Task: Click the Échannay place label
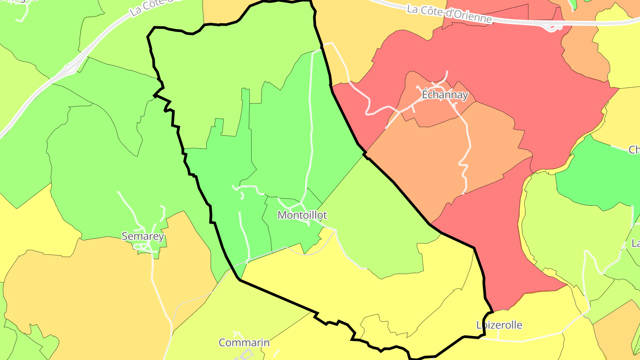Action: [x=444, y=95]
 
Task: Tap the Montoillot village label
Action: [x=302, y=215]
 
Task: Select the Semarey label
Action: [x=143, y=236]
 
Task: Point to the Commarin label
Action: [x=244, y=343]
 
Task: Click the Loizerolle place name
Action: [x=499, y=325]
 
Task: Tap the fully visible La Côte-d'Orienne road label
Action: [x=450, y=13]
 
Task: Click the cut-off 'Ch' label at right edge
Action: [x=634, y=150]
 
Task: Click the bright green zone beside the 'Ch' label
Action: [x=596, y=178]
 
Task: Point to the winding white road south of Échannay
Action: [x=467, y=151]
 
